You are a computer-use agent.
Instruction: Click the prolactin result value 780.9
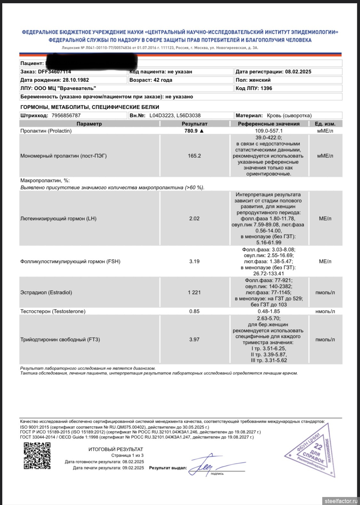(191, 131)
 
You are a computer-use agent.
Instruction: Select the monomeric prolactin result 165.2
(194, 156)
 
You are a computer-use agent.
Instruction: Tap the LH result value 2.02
(194, 219)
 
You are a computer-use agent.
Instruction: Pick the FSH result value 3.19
(194, 261)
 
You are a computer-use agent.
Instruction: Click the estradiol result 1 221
(194, 293)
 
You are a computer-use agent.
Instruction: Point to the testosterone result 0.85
(194, 311)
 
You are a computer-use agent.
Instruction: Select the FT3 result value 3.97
(194, 340)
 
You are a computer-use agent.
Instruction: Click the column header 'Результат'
(195, 124)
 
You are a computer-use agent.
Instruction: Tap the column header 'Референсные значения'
(269, 124)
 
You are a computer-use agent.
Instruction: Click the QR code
(37, 455)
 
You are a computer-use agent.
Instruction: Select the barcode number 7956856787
(66, 116)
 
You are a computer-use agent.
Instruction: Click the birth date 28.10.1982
(76, 80)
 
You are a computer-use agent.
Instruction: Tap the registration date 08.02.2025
(298, 72)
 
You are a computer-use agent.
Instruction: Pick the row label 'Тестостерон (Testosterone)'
(53, 311)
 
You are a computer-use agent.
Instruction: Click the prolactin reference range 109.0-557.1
(269, 131)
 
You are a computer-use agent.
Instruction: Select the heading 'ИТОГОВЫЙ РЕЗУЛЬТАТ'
(116, 449)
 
